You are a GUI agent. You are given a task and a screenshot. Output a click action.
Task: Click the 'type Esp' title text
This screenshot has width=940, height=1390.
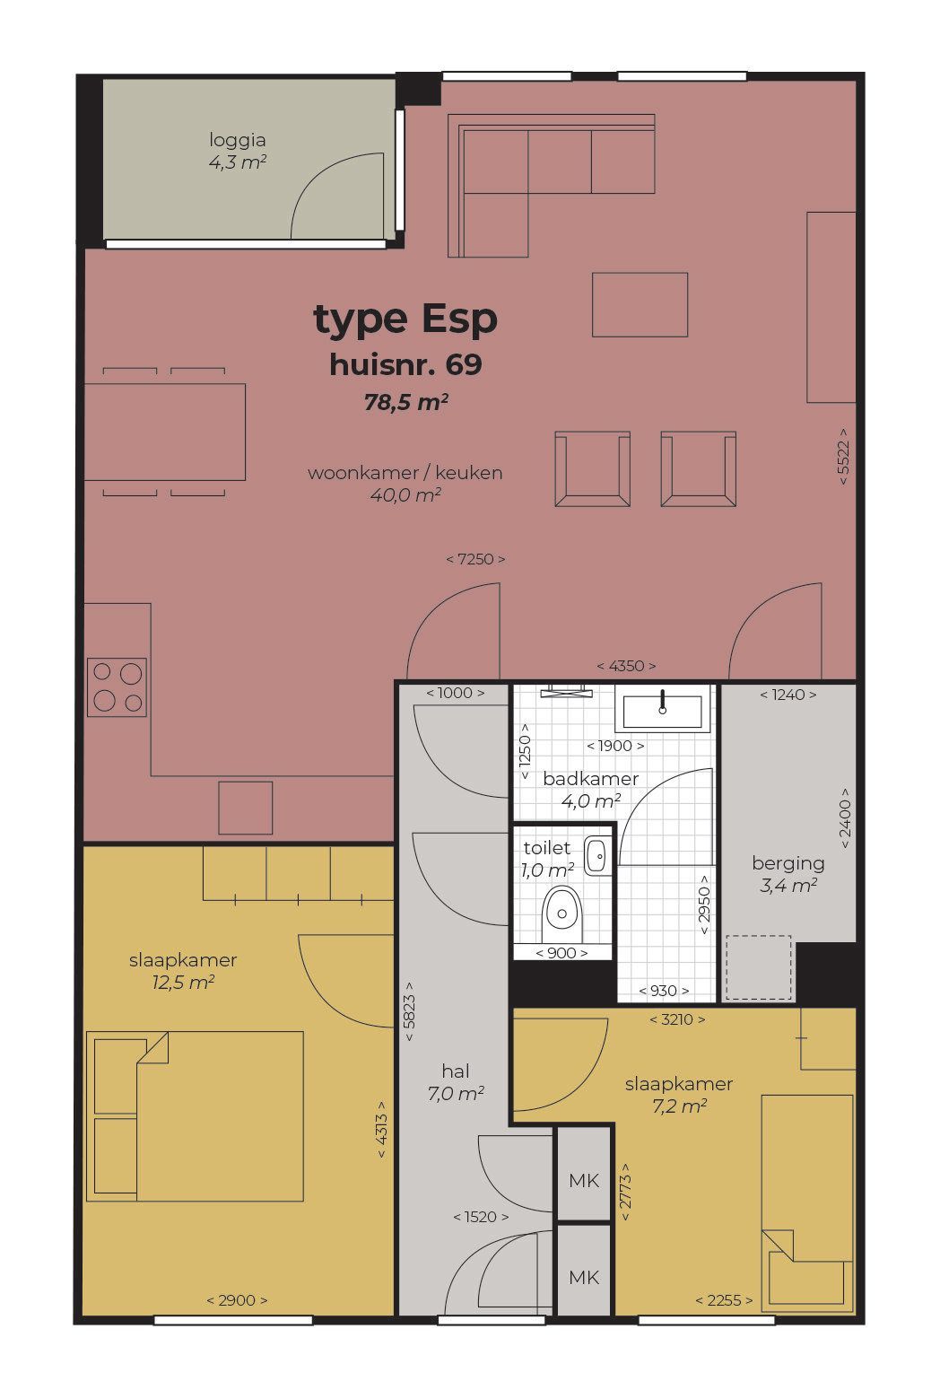point(405,320)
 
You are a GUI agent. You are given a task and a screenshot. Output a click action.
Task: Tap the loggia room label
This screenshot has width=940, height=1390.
point(238,140)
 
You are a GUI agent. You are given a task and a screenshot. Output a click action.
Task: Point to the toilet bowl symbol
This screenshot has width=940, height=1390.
point(561,914)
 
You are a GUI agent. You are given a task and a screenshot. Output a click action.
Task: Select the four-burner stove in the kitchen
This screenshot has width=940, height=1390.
point(117,687)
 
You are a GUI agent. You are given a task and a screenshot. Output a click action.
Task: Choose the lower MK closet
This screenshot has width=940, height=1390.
point(584,1278)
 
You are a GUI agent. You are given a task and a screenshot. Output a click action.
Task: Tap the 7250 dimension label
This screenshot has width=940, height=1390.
point(475,559)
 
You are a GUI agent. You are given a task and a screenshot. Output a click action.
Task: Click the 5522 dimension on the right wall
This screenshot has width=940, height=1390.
point(843,456)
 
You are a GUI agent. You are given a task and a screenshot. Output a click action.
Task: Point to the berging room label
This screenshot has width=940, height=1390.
point(788,863)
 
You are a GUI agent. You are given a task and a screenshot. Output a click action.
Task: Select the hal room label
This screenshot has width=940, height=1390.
point(456,1071)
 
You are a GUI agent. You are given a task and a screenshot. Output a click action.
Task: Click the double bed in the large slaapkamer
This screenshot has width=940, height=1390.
point(195,1116)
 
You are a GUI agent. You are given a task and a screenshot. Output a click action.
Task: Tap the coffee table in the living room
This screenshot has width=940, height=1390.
point(640,305)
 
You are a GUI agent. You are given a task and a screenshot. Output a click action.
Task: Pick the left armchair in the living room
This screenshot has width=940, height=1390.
point(593,469)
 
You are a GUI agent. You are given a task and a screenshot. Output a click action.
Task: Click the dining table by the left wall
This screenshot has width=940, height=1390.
point(165,432)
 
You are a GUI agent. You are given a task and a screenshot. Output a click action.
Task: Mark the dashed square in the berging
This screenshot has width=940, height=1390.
point(759,968)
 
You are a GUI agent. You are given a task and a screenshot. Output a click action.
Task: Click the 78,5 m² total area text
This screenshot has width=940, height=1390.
point(406,403)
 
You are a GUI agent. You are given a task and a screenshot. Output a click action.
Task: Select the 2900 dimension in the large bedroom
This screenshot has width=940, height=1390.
point(237,1300)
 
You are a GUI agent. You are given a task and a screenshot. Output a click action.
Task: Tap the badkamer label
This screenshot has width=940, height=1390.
point(591,779)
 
